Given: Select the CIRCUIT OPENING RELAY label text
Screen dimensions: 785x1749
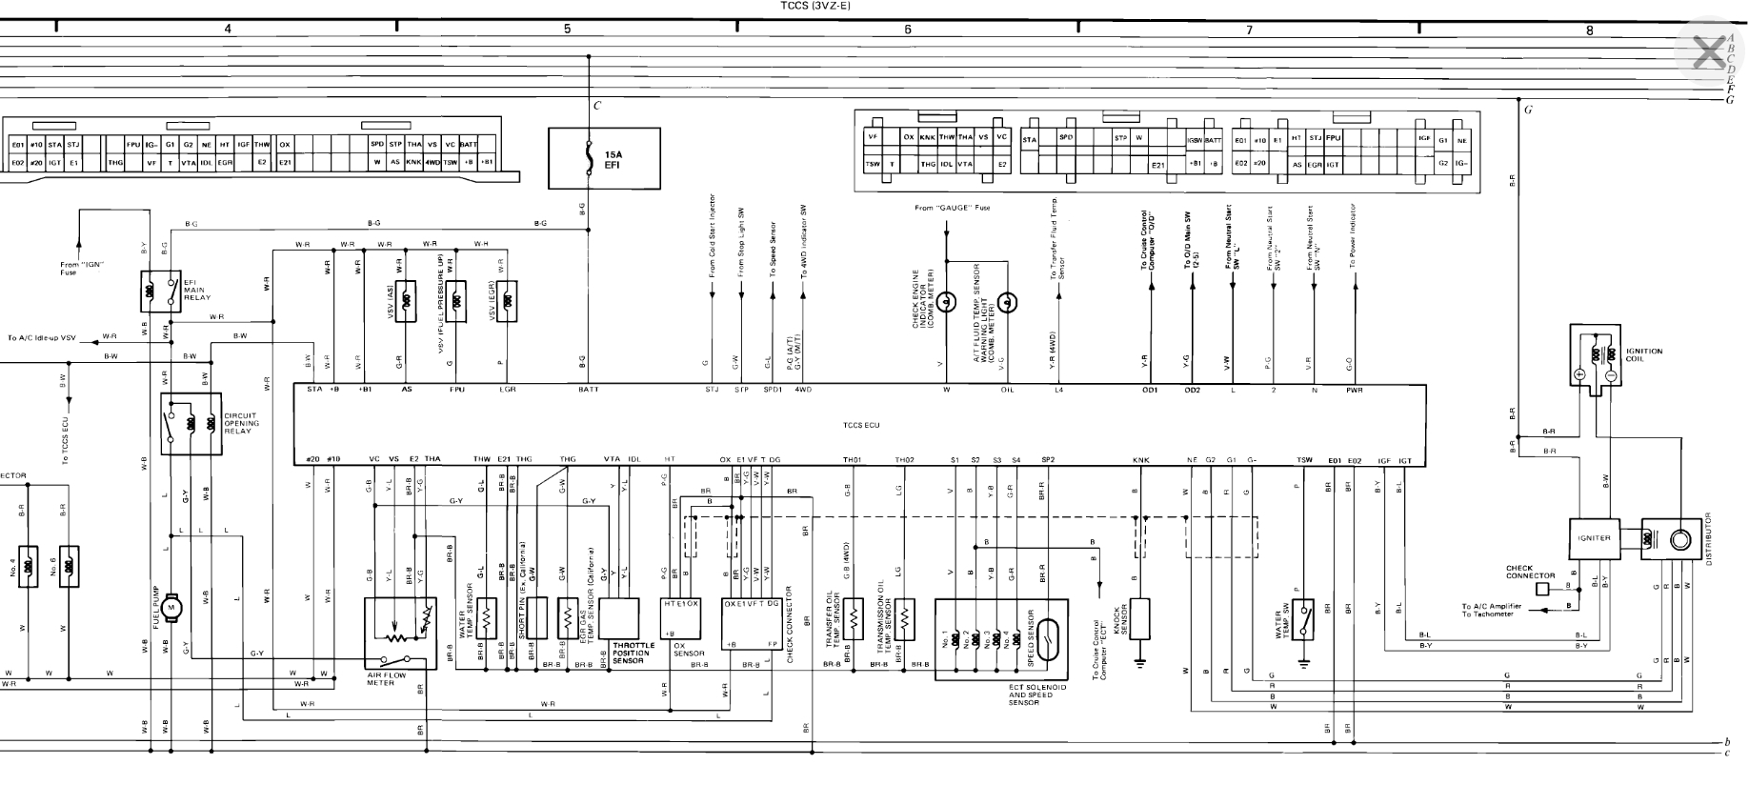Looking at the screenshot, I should click(x=241, y=423).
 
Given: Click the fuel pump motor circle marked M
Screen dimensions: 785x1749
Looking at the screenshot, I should click(x=171, y=606).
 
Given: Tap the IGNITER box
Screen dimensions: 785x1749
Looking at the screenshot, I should click(x=1594, y=538).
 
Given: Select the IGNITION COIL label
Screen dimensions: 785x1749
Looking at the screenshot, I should click(x=1644, y=354).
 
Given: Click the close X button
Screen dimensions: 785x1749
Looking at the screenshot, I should click(x=1708, y=51).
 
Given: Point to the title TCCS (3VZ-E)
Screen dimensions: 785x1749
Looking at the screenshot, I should click(x=815, y=6).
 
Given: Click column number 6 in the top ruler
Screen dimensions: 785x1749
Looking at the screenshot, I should click(x=907, y=30).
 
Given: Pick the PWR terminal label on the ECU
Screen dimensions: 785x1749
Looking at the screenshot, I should click(x=1354, y=390).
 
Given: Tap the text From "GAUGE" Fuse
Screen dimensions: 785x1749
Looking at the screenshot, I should click(x=947, y=208).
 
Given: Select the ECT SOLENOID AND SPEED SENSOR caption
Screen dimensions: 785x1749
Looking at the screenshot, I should click(x=1037, y=694).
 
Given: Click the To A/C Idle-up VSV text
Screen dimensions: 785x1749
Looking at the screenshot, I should click(x=41, y=337).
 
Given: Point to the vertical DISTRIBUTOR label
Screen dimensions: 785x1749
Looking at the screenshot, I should click(x=1709, y=538).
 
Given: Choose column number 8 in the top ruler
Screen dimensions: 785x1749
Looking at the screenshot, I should click(x=1589, y=30).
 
